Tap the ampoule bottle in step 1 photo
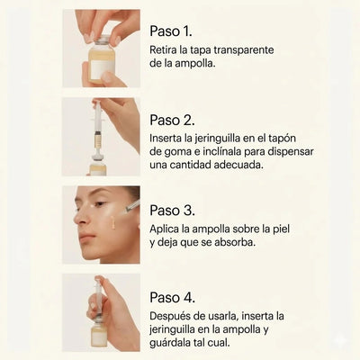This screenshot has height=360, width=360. click(x=102, y=61)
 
